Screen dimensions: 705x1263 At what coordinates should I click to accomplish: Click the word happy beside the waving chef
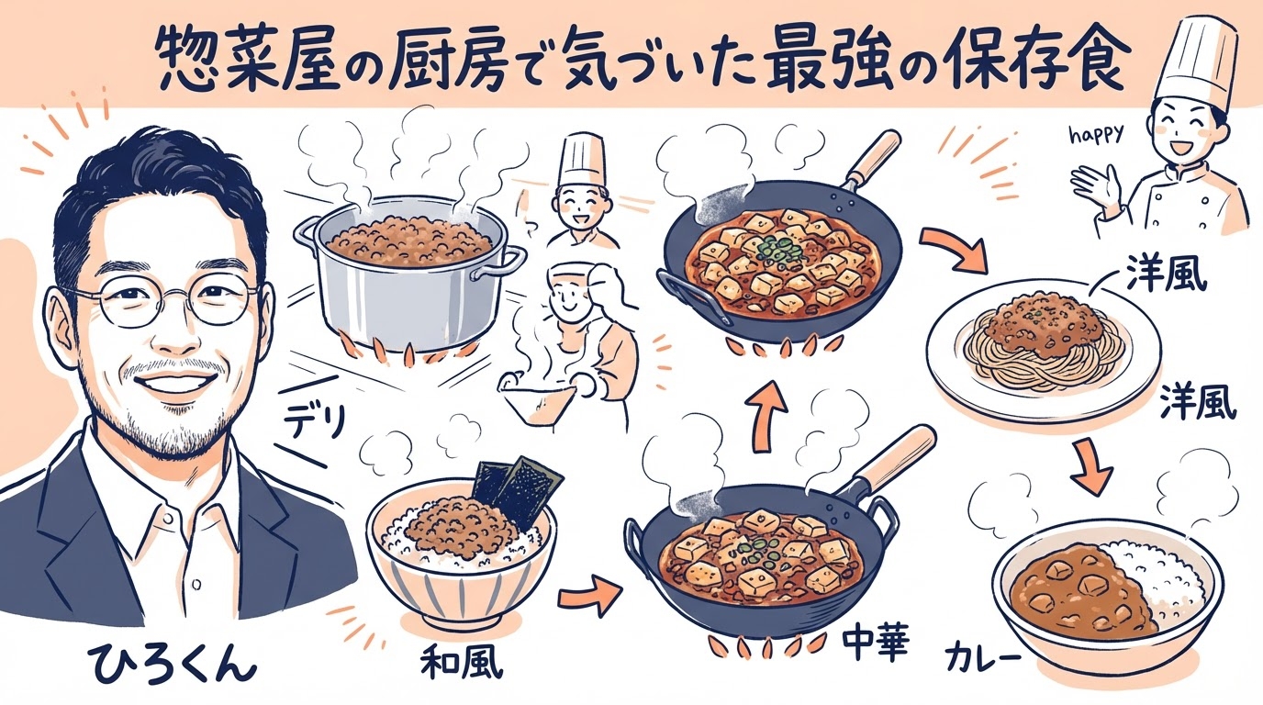pos(1098,136)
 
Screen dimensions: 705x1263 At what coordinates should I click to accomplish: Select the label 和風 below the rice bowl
pos(461,662)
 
